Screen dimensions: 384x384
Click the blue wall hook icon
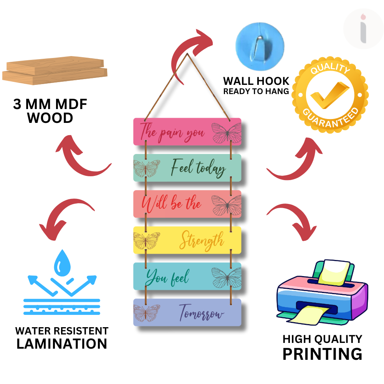[260, 43]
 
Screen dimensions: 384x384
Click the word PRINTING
[322, 353]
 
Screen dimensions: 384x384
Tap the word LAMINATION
[62, 343]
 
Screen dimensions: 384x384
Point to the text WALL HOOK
[256, 81]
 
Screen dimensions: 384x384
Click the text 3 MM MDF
[50, 104]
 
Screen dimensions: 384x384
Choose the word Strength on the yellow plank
[202, 241]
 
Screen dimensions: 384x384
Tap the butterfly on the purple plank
[146, 313]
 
